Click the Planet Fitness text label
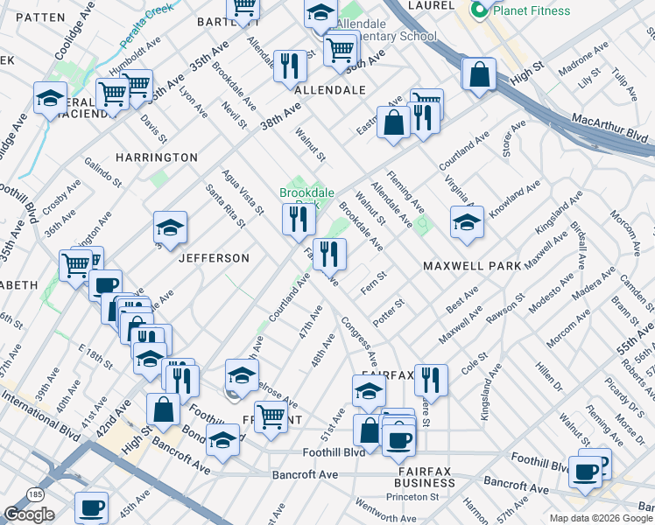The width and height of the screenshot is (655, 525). (x=531, y=11)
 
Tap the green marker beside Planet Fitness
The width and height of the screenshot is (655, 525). (x=480, y=10)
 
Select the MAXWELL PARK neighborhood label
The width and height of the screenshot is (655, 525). (x=472, y=265)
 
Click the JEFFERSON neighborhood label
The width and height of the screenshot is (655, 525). (x=215, y=258)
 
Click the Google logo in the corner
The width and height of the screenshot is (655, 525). (x=29, y=514)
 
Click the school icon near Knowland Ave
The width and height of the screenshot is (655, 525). (x=468, y=222)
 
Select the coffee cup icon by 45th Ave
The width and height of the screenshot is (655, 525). (x=91, y=506)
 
